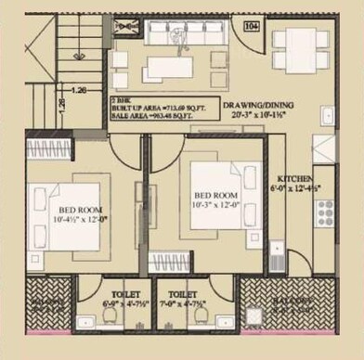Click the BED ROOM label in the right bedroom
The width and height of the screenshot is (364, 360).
click(215, 196)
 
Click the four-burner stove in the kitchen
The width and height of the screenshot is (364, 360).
click(325, 212)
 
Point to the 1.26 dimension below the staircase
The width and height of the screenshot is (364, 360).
click(80, 91)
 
